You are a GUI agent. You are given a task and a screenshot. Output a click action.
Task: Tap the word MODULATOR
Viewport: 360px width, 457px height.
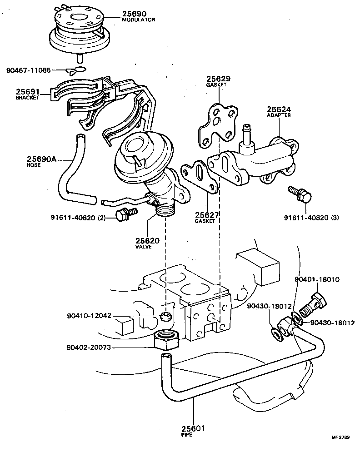[139, 20]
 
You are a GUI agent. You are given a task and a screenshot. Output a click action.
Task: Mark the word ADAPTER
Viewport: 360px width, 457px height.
[279, 115]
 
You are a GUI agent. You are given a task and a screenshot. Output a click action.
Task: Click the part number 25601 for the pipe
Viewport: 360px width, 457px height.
[194, 428]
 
